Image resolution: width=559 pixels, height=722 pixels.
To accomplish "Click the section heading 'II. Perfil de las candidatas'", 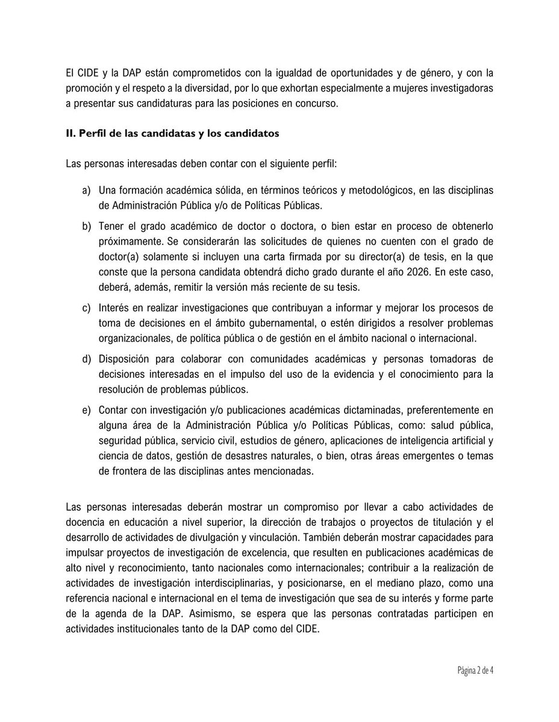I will tap(172, 134).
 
